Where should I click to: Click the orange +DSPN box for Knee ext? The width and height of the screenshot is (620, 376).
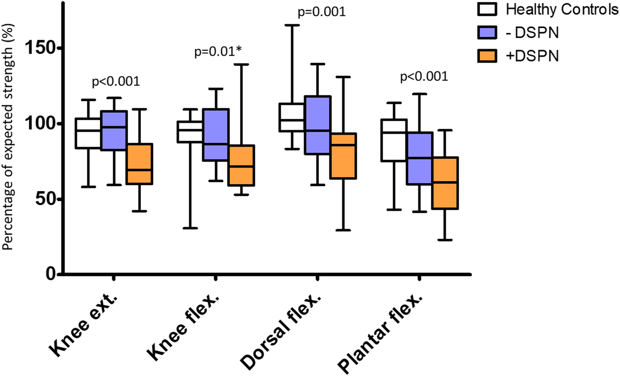pos(140,164)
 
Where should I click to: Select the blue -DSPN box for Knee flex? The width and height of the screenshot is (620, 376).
pos(216,135)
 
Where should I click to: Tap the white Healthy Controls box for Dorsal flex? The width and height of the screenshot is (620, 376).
pos(291,117)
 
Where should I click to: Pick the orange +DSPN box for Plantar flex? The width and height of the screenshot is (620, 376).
pos(445,183)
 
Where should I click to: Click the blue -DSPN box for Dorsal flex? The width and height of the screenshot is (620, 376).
pos(318,125)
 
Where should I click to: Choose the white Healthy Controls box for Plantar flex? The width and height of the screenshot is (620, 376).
pos(394,140)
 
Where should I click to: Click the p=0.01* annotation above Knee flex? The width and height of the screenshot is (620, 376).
pos(218,52)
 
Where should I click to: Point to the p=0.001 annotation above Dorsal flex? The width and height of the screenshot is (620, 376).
pos(322,12)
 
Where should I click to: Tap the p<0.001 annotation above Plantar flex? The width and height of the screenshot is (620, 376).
pos(424,77)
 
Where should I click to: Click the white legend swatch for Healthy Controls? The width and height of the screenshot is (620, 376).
pos(487,9)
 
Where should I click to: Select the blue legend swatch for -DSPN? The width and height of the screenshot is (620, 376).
pos(487,33)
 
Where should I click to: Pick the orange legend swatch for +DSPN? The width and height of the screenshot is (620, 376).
pos(487,56)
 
